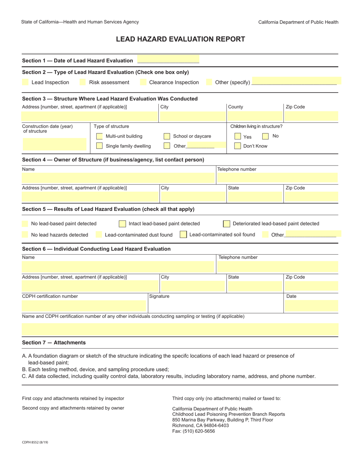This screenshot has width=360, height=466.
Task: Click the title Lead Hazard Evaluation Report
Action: (180, 39)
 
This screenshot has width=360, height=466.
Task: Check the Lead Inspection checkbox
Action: (25, 82)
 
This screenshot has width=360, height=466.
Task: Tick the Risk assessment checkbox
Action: (83, 82)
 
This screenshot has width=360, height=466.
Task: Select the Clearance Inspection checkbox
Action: (143, 82)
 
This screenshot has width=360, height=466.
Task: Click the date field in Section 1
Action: (168, 60)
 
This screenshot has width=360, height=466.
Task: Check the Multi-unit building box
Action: (99, 136)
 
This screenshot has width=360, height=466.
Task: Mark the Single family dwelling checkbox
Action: (99, 146)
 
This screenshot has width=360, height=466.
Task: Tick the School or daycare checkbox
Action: (167, 136)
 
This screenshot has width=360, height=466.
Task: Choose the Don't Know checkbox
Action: (238, 146)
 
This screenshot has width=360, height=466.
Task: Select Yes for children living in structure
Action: (238, 136)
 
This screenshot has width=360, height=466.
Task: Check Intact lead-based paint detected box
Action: (122, 224)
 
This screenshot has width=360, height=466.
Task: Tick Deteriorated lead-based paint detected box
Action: (227, 224)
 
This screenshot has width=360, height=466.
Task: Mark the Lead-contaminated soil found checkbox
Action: (183, 235)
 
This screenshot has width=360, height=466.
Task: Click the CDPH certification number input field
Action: (84, 306)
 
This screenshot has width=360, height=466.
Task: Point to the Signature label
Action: (159, 296)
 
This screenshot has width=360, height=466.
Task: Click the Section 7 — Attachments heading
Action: (54, 342)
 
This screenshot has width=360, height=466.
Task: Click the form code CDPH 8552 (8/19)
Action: (35, 442)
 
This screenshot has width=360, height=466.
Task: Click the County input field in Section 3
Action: (254, 116)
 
